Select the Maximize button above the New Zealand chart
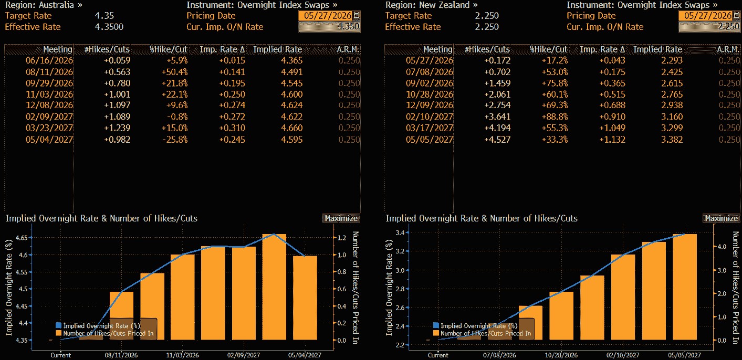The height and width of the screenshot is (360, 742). pyautogui.click(x=721, y=218)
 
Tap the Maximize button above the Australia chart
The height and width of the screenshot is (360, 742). pyautogui.click(x=341, y=218)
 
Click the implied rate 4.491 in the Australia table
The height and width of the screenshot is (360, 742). pyautogui.click(x=292, y=72)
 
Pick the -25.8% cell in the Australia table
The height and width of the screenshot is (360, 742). pyautogui.click(x=175, y=139)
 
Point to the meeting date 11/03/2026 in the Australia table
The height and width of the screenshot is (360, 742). pyautogui.click(x=49, y=94)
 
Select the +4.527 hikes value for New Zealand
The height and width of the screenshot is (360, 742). pyautogui.click(x=497, y=139)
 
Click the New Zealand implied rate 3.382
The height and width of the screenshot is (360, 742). pyautogui.click(x=672, y=139)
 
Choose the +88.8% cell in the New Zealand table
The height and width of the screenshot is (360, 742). pyautogui.click(x=555, y=117)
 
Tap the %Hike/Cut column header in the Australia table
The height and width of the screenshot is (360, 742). pyautogui.click(x=169, y=49)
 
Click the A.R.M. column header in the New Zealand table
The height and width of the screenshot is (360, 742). pyautogui.click(x=728, y=49)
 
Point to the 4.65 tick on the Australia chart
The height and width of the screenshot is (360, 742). pyautogui.click(x=22, y=238)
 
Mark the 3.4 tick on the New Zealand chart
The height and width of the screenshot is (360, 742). pyautogui.click(x=400, y=232)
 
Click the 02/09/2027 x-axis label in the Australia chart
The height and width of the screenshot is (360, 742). pyautogui.click(x=244, y=355)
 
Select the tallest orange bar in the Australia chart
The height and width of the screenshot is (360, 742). pyautogui.click(x=274, y=287)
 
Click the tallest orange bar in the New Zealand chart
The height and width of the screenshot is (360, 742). pyautogui.click(x=685, y=287)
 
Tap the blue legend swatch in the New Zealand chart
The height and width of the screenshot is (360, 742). pyautogui.click(x=436, y=325)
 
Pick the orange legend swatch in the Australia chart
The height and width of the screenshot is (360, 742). pyautogui.click(x=59, y=333)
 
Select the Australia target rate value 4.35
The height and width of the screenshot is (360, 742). pyautogui.click(x=104, y=16)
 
